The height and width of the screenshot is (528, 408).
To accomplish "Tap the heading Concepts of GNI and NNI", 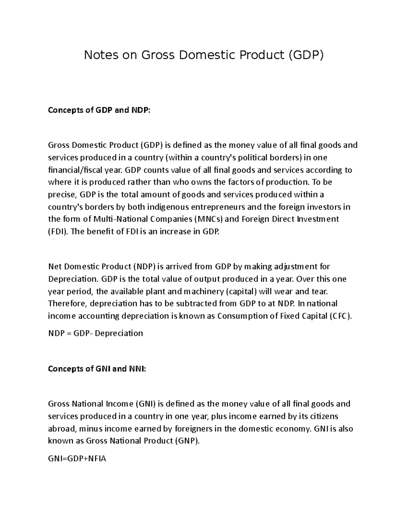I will point(97,369).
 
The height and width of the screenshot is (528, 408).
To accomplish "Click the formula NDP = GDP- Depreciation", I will point(96,333).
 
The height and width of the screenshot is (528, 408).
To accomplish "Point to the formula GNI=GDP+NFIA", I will point(77,459).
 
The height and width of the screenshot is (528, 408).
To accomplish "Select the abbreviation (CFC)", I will point(341,316).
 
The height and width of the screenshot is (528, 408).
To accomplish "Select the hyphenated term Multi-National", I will point(122,219).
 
